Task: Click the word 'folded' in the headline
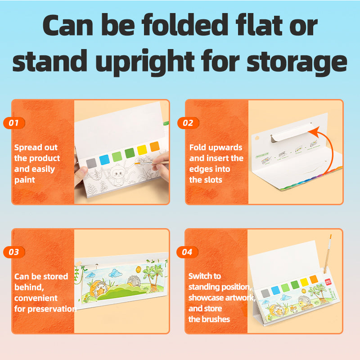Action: point(185,25)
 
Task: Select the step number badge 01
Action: point(14,123)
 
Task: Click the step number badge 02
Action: point(188,123)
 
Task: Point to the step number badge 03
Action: point(14,252)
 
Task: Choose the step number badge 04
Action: point(187,252)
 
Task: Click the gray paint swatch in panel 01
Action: point(91,163)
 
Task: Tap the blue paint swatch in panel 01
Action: point(104,160)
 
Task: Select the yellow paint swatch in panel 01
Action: point(142,150)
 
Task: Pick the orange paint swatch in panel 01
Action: point(154,147)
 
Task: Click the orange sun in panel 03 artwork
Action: point(139,269)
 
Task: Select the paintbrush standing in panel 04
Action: point(328,254)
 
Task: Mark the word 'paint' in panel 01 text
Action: point(25,180)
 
